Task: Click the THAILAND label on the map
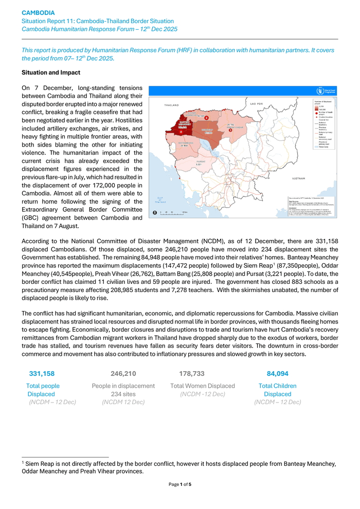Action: click(x=171, y=105)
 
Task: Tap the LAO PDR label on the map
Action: click(x=256, y=104)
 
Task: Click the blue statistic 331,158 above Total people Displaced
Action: click(x=42, y=374)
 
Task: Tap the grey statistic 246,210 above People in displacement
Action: click(x=123, y=374)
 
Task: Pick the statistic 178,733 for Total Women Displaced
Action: click(x=192, y=374)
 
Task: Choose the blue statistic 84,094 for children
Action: click(x=277, y=374)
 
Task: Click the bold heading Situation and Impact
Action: click(x=51, y=73)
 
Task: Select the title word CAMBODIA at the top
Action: click(x=38, y=12)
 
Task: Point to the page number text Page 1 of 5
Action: click(x=180, y=484)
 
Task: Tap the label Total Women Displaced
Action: click(x=203, y=386)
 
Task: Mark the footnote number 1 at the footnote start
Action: click(x=23, y=462)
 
